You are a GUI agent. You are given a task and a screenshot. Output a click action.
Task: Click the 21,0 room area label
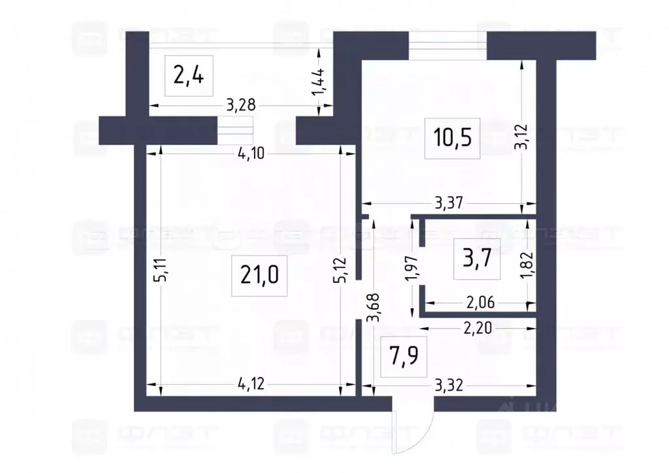click(x=259, y=275)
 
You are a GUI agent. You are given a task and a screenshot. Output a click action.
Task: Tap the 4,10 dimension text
click(x=251, y=154)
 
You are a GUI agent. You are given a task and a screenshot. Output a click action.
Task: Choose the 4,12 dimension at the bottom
click(x=252, y=385)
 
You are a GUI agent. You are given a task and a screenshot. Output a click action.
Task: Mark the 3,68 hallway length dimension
click(x=372, y=307)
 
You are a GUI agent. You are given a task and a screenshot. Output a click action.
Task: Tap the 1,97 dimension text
click(x=412, y=269)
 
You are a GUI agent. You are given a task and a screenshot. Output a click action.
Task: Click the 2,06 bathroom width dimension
click(x=481, y=302)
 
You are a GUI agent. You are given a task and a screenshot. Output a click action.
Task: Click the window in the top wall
click(x=448, y=44)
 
